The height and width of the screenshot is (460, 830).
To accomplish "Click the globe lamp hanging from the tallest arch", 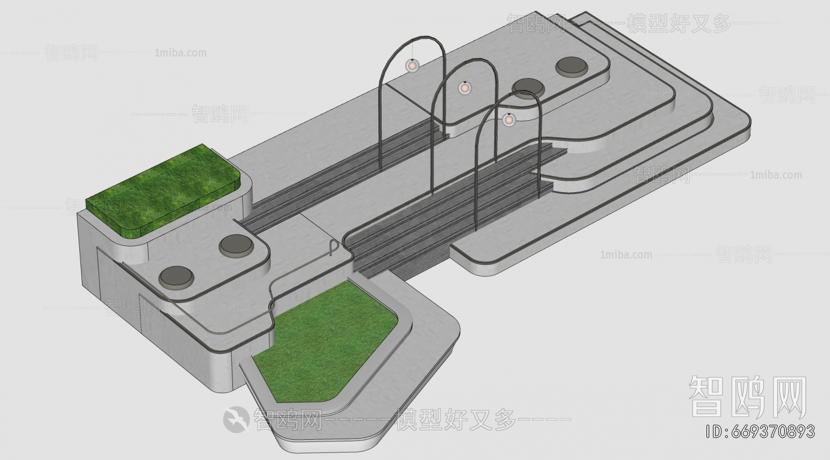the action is pyautogui.click(x=412, y=66).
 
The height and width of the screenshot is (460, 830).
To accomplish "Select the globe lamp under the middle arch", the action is pyautogui.click(x=465, y=88).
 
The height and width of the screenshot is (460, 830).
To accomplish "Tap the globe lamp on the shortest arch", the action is pyautogui.click(x=509, y=120).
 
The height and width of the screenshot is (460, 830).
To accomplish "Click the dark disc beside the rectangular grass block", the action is pyautogui.click(x=236, y=246).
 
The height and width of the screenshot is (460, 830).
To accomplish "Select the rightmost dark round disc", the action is pyautogui.click(x=572, y=67).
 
